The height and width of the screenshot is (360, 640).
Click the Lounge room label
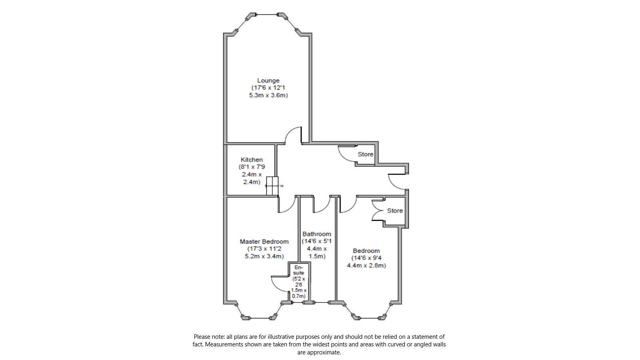click(x=268, y=81)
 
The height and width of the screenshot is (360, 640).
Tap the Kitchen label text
click(x=252, y=160)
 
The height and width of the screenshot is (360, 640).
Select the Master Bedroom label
click(x=264, y=242)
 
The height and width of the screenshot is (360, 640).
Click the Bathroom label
click(x=317, y=234)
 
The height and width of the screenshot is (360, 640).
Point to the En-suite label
click(x=299, y=270)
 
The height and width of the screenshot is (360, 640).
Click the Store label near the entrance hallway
click(x=365, y=154)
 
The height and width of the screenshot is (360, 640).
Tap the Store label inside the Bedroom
click(x=395, y=211)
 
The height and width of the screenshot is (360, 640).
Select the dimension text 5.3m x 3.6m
click(x=268, y=96)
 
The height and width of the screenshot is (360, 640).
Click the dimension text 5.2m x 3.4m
click(x=264, y=256)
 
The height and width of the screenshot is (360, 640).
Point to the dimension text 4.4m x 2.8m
click(x=366, y=266)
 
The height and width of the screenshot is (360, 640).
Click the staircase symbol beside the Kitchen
click(x=272, y=186)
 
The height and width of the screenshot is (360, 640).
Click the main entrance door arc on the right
click(x=396, y=182)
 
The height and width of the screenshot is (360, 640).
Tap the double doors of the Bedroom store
click(x=377, y=210)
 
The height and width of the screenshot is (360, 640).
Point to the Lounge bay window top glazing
click(x=267, y=15)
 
